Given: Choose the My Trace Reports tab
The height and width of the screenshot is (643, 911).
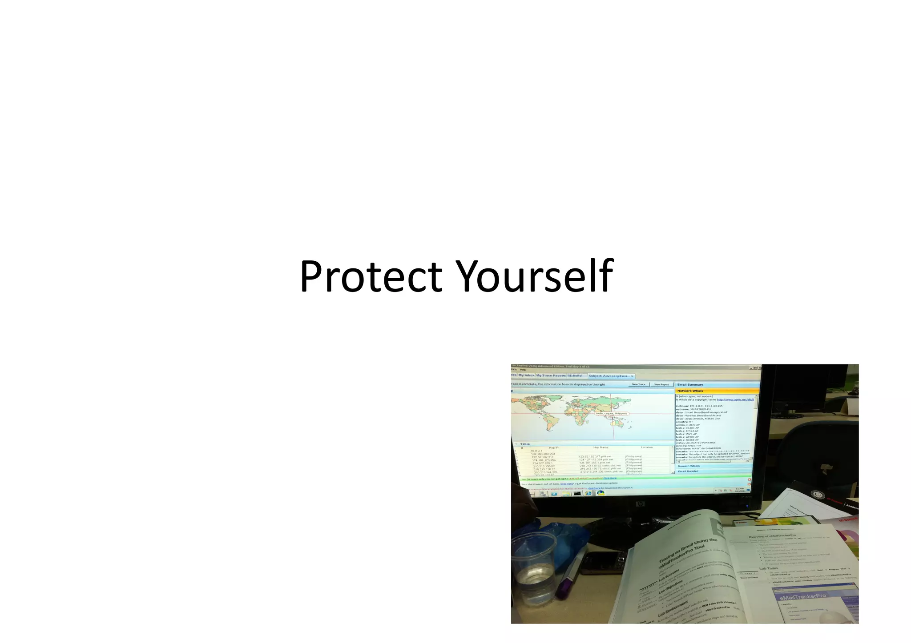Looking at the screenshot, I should (x=551, y=375).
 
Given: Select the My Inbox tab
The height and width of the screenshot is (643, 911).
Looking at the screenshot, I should (x=527, y=375).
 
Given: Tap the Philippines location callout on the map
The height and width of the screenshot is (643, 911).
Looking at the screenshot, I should (x=612, y=414).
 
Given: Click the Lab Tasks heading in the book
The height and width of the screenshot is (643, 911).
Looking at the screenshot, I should (x=769, y=568).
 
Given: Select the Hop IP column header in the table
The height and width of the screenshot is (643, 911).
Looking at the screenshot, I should (x=553, y=447).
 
